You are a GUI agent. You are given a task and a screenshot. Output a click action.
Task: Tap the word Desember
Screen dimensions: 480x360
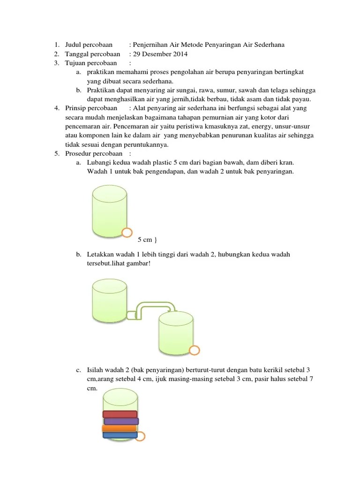click(x=156, y=54)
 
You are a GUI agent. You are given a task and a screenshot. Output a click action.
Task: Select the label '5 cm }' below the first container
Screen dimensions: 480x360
click(x=147, y=240)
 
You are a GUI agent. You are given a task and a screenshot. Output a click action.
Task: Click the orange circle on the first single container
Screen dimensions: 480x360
click(x=127, y=232)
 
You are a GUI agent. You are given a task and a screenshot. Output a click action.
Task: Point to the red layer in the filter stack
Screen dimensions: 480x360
click(x=120, y=414)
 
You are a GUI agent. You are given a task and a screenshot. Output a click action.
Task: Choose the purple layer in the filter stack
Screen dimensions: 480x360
click(x=120, y=421)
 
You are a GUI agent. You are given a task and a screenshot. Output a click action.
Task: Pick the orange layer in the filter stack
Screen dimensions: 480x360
click(x=120, y=428)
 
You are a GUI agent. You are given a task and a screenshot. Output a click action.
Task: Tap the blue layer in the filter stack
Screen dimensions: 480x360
click(x=120, y=435)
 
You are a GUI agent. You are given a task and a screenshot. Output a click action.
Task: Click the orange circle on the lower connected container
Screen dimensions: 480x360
click(x=194, y=350)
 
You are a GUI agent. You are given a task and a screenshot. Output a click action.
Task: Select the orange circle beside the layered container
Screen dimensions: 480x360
click(x=140, y=437)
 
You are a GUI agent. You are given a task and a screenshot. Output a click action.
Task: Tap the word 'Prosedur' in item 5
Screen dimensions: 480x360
click(x=77, y=153)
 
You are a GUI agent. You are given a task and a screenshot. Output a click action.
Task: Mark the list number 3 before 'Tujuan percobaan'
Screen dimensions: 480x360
click(x=56, y=63)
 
